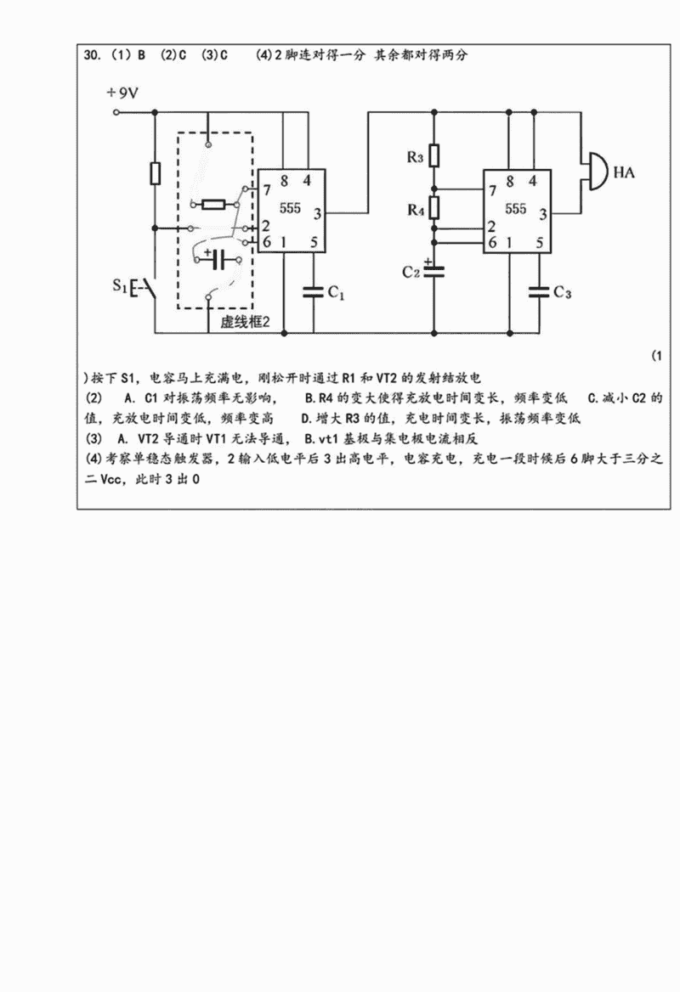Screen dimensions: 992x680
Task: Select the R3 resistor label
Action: [414, 157]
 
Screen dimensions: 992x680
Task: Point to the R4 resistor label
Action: [414, 209]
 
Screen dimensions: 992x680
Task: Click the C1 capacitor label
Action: [337, 293]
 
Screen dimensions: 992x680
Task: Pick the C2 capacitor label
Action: [411, 272]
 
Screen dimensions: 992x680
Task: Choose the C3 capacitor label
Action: [562, 293]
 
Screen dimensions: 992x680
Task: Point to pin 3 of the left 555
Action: [317, 212]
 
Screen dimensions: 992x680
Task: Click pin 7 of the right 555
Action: [492, 188]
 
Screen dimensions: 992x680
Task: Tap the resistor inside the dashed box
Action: [213, 204]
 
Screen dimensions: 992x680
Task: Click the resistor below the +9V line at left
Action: [155, 173]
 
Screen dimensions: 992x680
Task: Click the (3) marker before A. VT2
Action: [94, 440]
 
